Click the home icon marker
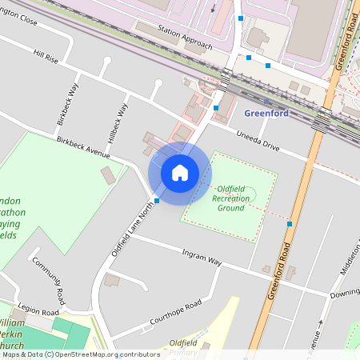(180, 173)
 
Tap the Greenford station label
(266, 113)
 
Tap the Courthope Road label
(175, 315)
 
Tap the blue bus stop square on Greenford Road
(289, 225)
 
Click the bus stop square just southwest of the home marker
(156, 201)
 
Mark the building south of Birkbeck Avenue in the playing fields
(107, 175)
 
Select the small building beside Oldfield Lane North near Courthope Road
(112, 280)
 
